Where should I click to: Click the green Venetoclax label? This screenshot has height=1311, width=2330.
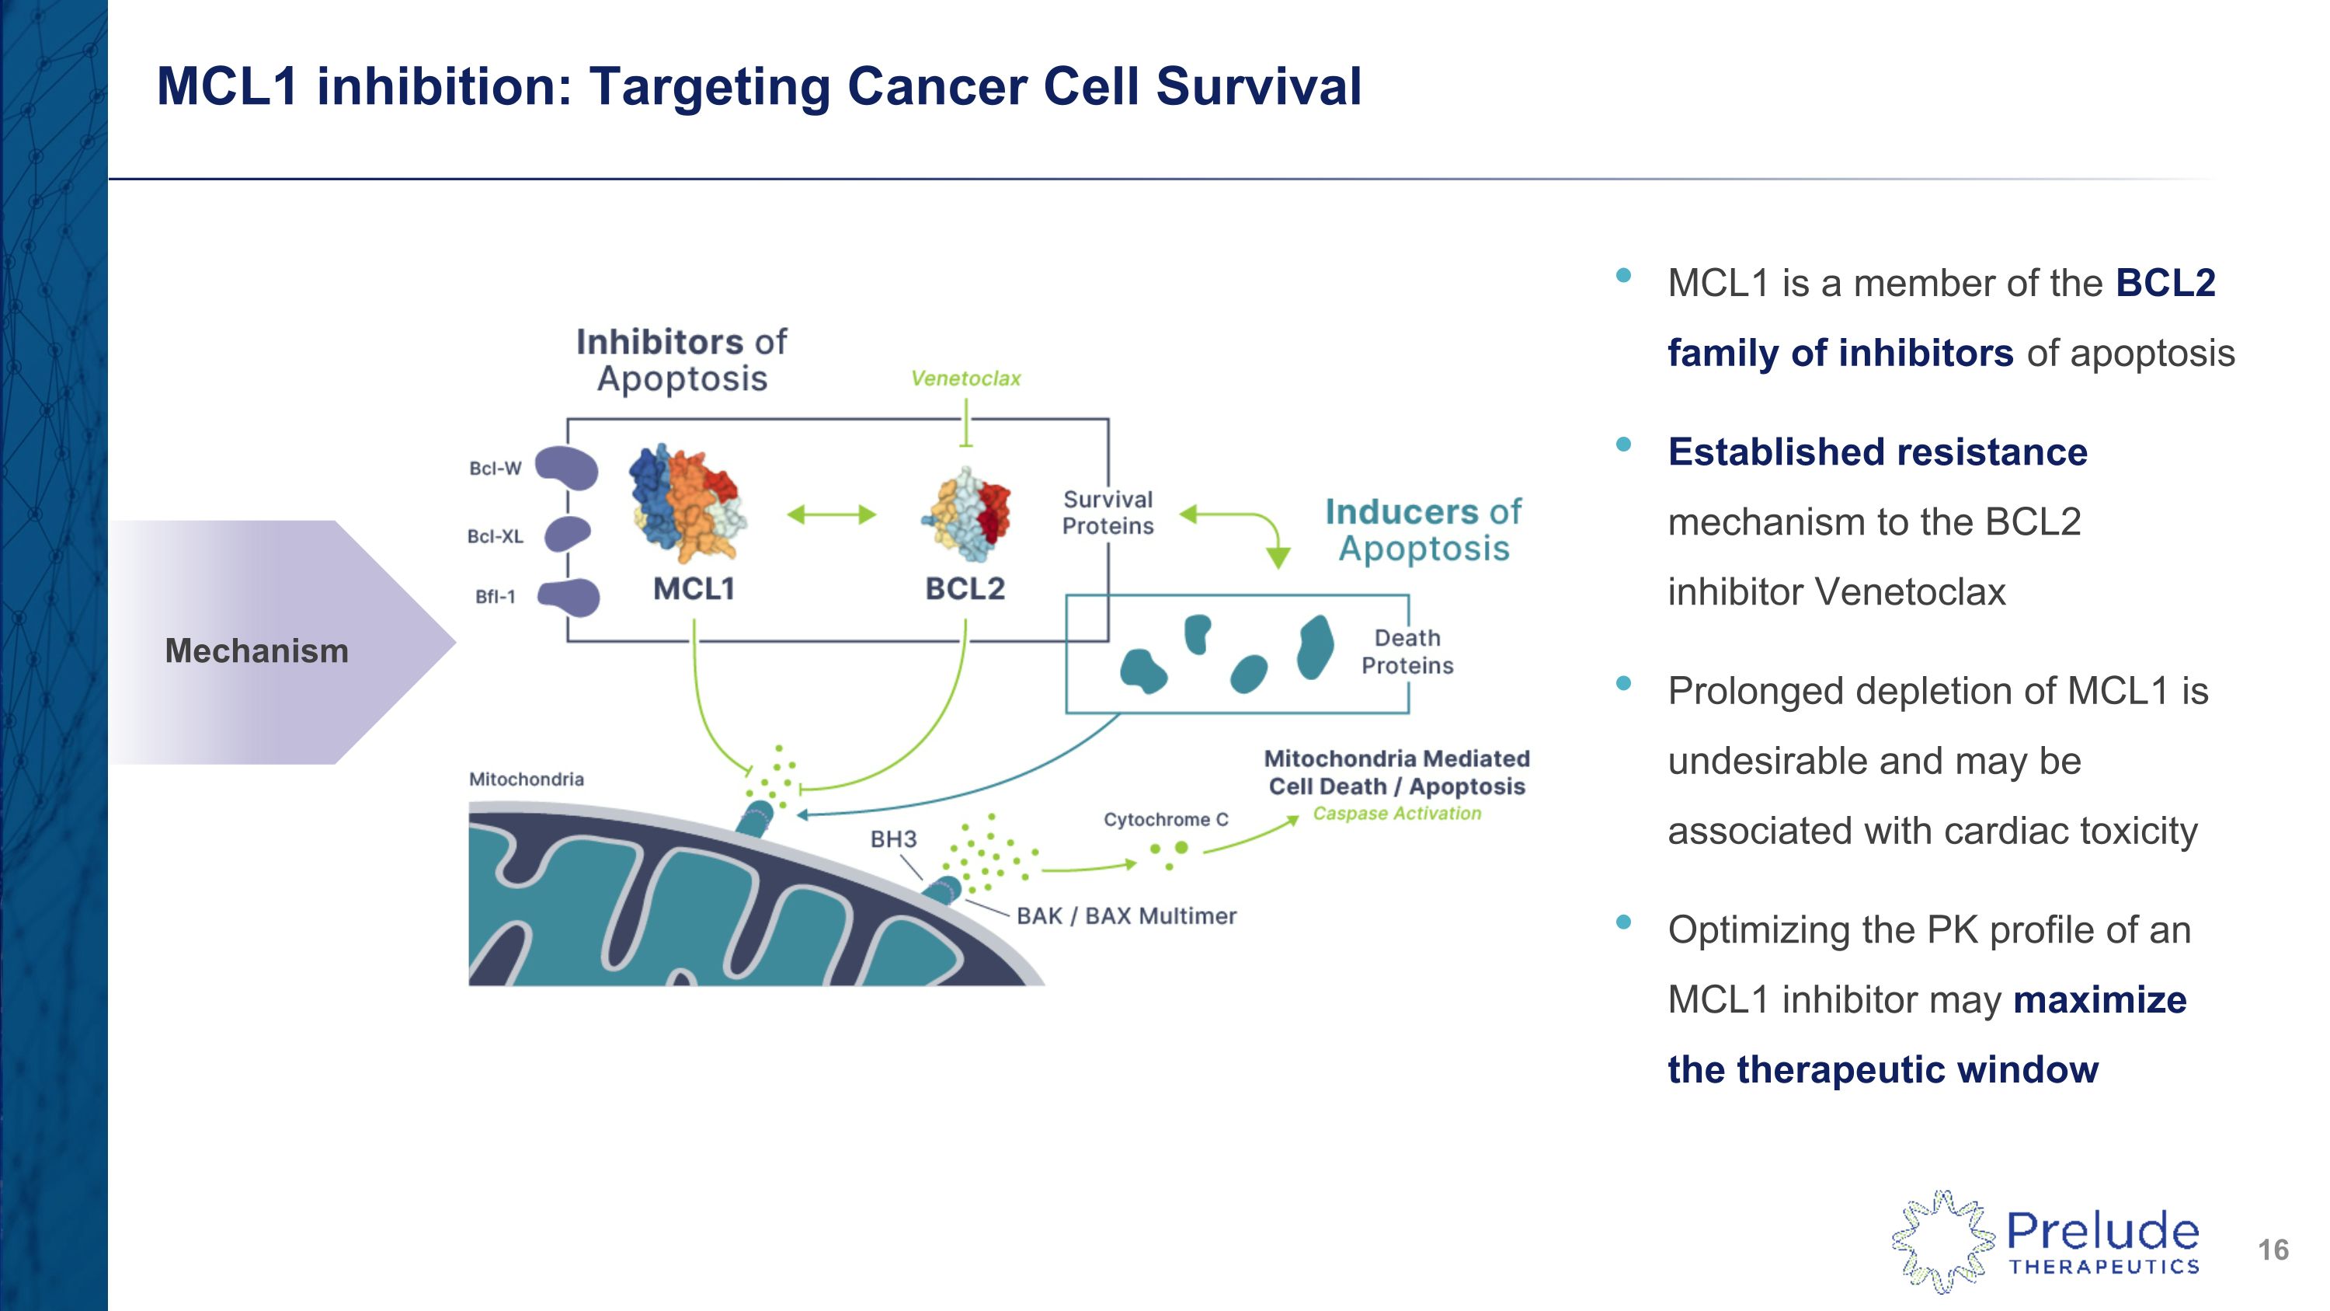click(x=965, y=378)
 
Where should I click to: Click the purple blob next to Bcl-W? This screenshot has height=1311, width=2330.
click(x=567, y=468)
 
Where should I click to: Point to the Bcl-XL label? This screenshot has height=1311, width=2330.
click(x=495, y=536)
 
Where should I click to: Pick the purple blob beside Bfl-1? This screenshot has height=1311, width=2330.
click(x=570, y=597)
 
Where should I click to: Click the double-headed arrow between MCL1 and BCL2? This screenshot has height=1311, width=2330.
click(x=831, y=514)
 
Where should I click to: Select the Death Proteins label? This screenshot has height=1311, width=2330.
click(x=1407, y=651)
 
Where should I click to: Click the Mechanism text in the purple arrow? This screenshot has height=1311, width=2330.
click(x=257, y=650)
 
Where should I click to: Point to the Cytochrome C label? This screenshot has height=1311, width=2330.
click(x=1165, y=820)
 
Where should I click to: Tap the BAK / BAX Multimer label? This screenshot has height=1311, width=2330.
click(x=1125, y=916)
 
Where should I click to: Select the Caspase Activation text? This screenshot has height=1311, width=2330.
click(x=1396, y=814)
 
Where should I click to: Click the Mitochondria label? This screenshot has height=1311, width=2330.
click(x=527, y=779)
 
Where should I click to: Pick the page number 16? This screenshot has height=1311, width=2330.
click(x=2272, y=1250)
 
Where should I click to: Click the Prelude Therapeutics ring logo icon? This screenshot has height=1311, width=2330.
click(x=1942, y=1241)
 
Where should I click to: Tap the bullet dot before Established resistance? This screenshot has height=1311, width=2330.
click(x=1623, y=445)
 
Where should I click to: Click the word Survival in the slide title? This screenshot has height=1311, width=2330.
click(x=1258, y=87)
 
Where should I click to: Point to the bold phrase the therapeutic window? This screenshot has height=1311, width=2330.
click(x=1883, y=1069)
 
